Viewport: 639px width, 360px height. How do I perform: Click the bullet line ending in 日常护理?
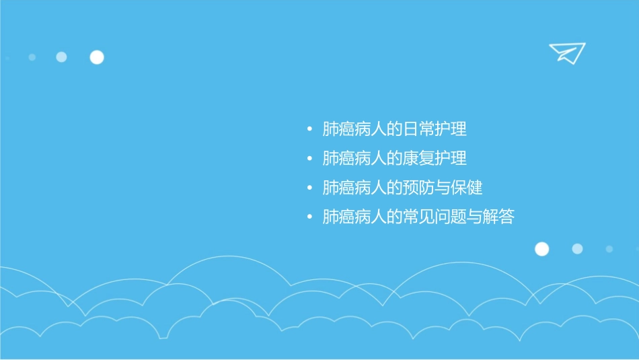click(394, 129)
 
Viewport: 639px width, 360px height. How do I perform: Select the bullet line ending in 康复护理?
click(394, 159)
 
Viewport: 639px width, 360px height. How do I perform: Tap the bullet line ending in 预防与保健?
click(402, 188)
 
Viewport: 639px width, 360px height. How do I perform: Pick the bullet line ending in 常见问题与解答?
click(418, 217)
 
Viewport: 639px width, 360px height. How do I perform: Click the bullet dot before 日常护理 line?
click(309, 129)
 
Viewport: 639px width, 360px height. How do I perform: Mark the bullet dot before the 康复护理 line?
click(309, 159)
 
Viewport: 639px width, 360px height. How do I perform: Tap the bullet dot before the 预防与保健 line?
click(309, 188)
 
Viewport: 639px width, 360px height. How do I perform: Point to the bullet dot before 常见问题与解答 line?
click(309, 217)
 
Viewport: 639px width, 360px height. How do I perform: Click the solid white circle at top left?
click(97, 57)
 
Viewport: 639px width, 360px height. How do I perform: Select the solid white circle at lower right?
click(541, 249)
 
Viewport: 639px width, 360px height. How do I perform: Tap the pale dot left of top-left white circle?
click(61, 57)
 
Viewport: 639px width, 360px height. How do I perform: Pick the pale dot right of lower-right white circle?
click(577, 249)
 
